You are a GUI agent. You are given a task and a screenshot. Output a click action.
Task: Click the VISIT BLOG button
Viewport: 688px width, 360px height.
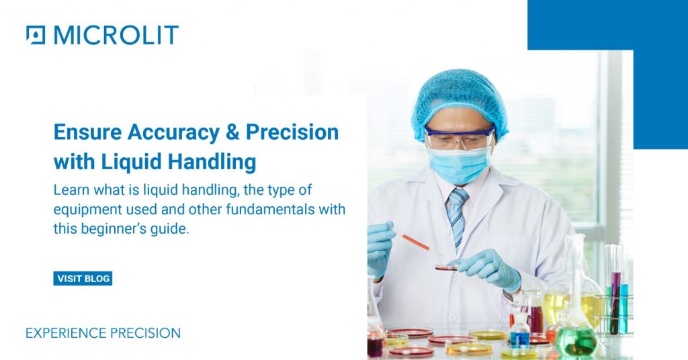tap(83, 279)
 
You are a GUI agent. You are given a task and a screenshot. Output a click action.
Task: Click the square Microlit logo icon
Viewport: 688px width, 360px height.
tap(36, 34)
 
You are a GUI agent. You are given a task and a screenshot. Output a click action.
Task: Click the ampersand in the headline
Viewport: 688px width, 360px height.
tap(232, 132)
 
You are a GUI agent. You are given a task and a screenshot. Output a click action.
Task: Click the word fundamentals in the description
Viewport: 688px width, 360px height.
tap(255, 210)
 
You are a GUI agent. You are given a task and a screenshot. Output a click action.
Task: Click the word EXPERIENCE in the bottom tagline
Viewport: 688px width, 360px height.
tap(64, 333)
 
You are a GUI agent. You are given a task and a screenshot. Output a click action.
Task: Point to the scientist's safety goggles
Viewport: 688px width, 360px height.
tap(460, 138)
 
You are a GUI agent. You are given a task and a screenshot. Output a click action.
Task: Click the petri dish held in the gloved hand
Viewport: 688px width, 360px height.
tap(446, 267)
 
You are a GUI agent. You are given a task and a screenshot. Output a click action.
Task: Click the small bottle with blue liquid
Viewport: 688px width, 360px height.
tap(519, 334)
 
